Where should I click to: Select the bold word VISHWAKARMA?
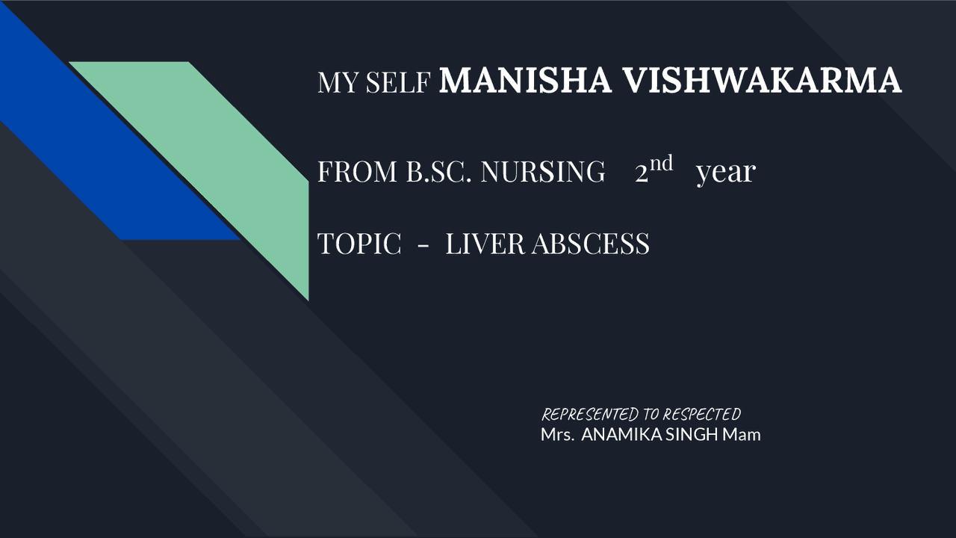[x=763, y=80]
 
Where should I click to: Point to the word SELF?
[x=398, y=82]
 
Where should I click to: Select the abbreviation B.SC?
[x=438, y=171]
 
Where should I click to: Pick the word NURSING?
[x=543, y=171]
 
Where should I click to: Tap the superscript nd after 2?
[x=662, y=163]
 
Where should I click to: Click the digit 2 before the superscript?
[x=642, y=173]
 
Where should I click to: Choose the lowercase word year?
[x=726, y=173]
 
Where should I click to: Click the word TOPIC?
[x=359, y=244]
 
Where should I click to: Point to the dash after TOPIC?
[x=423, y=247]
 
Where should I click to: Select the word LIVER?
[x=485, y=244]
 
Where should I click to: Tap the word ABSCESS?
[x=590, y=244]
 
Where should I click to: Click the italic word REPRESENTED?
[x=590, y=415]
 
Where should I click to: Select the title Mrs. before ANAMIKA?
[x=557, y=435]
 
